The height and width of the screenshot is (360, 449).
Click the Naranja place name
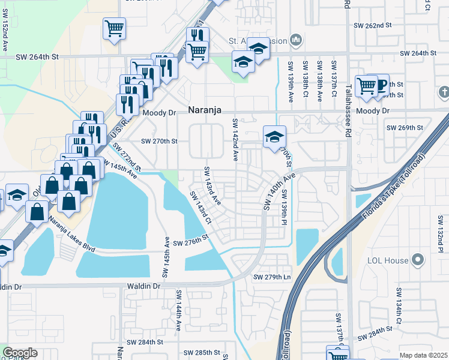pos(205,110)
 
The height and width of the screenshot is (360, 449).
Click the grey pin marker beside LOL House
pos(418,260)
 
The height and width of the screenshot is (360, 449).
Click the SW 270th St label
pos(160,142)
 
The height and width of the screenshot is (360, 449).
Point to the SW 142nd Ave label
pos(235,139)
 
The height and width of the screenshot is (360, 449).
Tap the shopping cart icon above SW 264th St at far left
pos(114,28)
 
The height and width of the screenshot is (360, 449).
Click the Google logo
pos(20,353)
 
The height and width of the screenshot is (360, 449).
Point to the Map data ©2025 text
pos(423,355)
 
